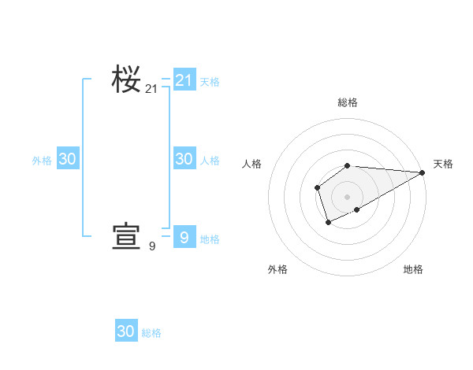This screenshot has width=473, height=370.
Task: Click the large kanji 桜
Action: click(126, 79)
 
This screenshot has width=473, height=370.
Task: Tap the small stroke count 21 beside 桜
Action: click(151, 90)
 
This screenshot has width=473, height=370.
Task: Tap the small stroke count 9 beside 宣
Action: click(152, 246)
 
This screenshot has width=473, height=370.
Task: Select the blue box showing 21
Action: click(184, 80)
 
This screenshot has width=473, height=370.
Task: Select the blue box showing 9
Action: click(184, 237)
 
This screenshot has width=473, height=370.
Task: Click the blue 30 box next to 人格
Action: click(184, 158)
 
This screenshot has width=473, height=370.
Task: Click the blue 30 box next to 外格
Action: click(68, 158)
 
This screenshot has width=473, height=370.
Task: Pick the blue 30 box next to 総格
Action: click(126, 331)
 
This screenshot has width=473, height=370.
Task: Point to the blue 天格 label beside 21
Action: click(210, 81)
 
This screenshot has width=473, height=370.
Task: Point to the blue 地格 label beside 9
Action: click(210, 239)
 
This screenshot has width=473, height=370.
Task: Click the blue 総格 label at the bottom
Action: click(151, 333)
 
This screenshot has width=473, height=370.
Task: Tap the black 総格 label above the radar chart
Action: click(348, 102)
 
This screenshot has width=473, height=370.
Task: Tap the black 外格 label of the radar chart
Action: click(277, 269)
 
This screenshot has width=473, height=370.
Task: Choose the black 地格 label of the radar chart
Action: click(413, 269)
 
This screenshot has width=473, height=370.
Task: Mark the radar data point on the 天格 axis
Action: click(423, 172)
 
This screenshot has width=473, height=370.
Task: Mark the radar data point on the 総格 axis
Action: click(348, 165)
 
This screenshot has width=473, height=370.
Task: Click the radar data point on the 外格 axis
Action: click(328, 224)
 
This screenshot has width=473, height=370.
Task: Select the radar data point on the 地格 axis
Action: click(357, 209)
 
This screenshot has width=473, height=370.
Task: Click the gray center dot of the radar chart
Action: click(348, 197)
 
